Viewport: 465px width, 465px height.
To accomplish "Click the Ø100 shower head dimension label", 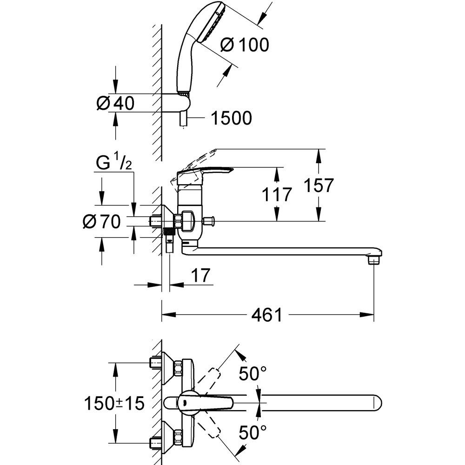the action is pos(245,45).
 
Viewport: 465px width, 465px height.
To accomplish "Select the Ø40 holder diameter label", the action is pos(115,103).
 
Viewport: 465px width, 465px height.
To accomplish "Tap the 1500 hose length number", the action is pos(231,118).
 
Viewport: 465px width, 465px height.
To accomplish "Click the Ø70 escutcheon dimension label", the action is pos(102,221).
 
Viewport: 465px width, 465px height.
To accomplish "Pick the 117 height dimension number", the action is pos(277,194).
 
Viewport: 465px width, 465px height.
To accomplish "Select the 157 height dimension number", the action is pos(319,185).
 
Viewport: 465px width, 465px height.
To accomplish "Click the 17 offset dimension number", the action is pos(200,275).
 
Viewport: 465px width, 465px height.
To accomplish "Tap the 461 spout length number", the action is pos(266,315).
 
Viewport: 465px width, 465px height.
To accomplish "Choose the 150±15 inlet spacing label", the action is pos(114,403).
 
